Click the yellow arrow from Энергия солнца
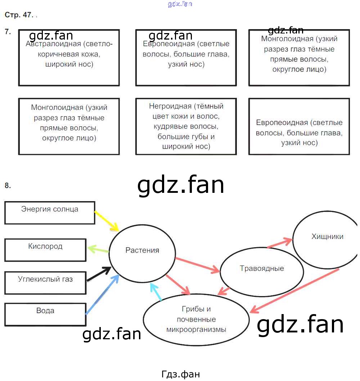(x=107, y=221)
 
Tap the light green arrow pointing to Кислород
(x=98, y=249)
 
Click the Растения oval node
(x=142, y=250)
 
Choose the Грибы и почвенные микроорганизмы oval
(x=196, y=319)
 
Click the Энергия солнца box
(x=50, y=212)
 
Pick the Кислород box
(x=45, y=250)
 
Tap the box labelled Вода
(x=45, y=314)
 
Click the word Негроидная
(x=170, y=106)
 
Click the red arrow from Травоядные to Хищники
(x=280, y=243)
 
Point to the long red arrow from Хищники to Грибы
(x=294, y=290)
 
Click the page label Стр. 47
(x=19, y=15)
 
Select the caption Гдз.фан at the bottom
(x=180, y=374)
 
